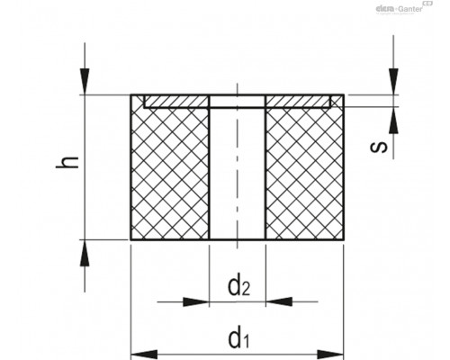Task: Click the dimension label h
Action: point(67,162)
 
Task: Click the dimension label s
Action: point(379,147)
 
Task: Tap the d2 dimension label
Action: point(238,286)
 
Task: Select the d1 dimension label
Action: point(238,338)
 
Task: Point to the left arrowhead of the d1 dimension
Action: point(144,355)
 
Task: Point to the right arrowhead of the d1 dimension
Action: point(330,355)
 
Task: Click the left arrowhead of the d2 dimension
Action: point(196,301)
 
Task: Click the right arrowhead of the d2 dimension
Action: point(279,301)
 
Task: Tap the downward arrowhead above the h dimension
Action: point(85,82)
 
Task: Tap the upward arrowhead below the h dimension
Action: point(85,253)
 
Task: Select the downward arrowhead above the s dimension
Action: point(393,82)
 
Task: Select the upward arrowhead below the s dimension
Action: point(393,120)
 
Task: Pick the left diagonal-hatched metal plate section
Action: point(176,102)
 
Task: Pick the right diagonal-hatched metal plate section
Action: point(298,102)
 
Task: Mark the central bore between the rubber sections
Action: point(238,174)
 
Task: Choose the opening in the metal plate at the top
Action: point(238,102)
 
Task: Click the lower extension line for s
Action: point(373,107)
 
